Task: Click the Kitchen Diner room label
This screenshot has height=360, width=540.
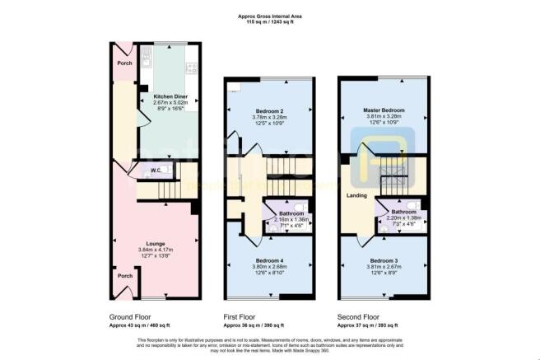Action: click(169, 96)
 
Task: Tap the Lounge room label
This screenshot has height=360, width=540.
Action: click(155, 244)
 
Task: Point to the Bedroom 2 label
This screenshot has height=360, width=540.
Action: click(269, 111)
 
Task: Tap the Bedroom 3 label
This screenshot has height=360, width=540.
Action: click(383, 259)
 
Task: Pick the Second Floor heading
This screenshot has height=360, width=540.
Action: click(359, 316)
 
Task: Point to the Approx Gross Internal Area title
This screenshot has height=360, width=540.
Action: click(269, 14)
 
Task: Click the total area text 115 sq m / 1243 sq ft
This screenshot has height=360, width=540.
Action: click(269, 21)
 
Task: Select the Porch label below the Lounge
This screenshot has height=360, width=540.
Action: click(126, 276)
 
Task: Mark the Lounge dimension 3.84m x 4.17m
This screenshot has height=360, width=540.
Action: click(155, 250)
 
